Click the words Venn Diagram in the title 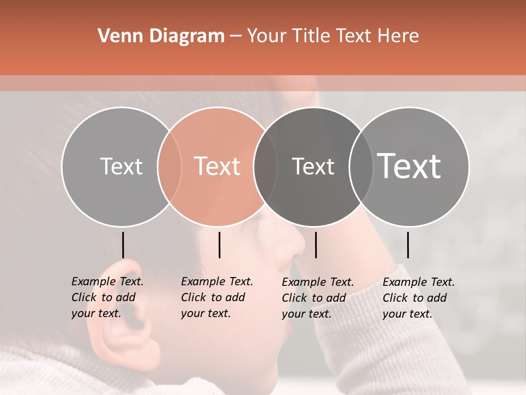click(x=161, y=36)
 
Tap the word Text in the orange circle click(x=218, y=166)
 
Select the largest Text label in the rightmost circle click(x=409, y=166)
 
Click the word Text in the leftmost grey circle click(x=121, y=166)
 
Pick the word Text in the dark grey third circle click(x=313, y=166)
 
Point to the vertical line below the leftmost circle click(x=123, y=245)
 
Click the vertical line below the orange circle click(x=219, y=245)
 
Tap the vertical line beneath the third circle click(x=316, y=245)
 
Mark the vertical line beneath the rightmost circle click(x=408, y=245)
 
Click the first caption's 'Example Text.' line click(x=107, y=281)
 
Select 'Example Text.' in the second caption click(x=217, y=281)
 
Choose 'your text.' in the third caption click(x=306, y=314)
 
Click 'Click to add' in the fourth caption click(x=414, y=298)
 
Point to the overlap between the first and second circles click(x=169, y=166)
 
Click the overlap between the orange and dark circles click(x=265, y=166)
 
